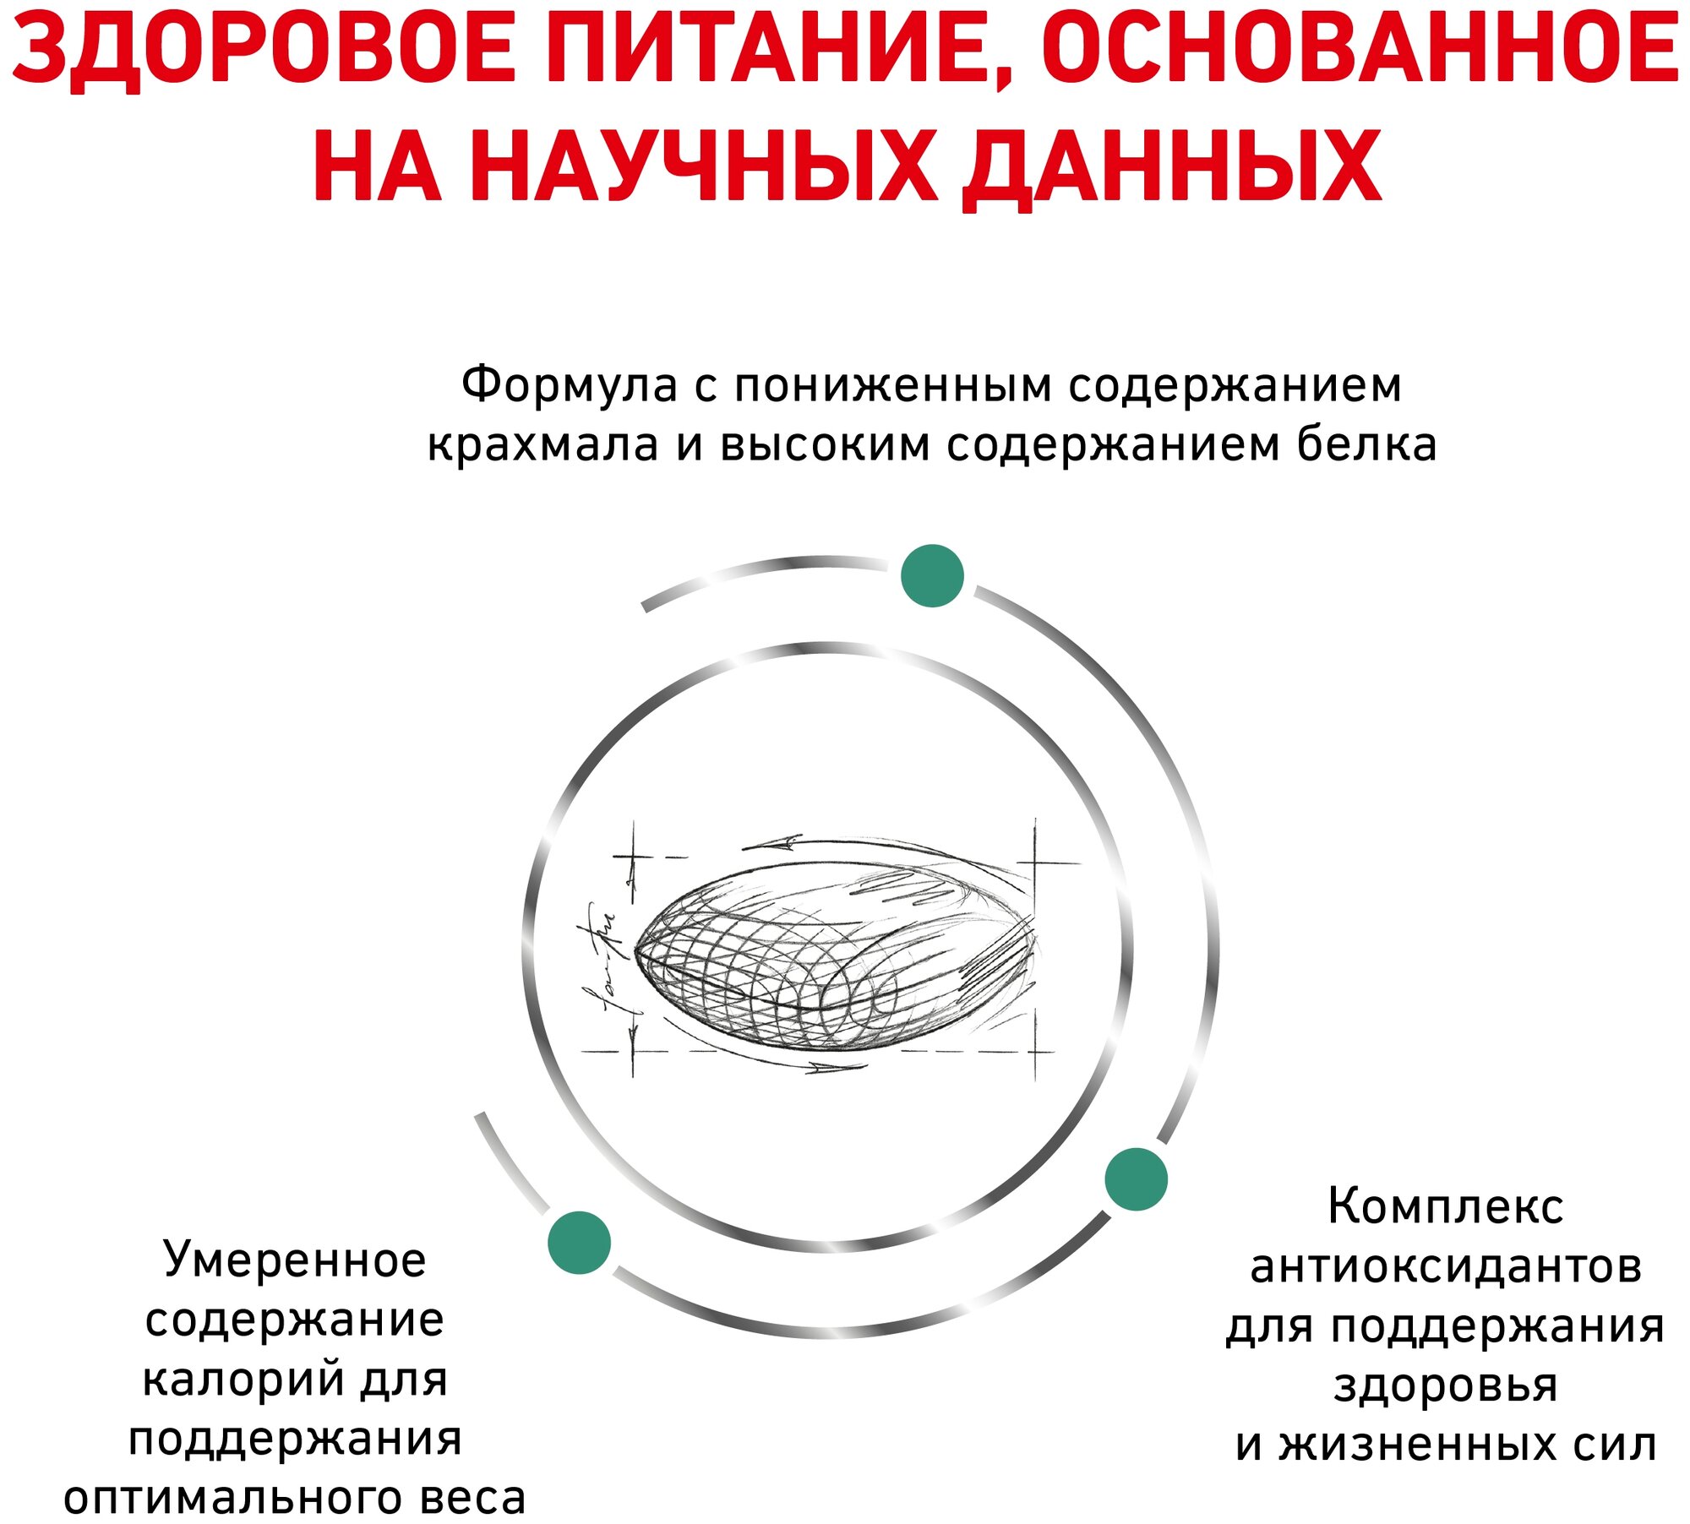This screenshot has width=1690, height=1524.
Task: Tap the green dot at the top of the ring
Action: pyautogui.click(x=932, y=575)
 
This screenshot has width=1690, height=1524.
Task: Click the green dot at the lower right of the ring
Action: pyautogui.click(x=1137, y=1178)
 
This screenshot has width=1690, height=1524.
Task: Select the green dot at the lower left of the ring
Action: pyautogui.click(x=579, y=1242)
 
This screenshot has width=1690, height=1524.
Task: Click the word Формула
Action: pyautogui.click(x=570, y=385)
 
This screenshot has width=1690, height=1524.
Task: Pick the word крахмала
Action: pyautogui.click(x=542, y=445)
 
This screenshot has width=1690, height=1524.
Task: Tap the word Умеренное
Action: pyautogui.click(x=295, y=1260)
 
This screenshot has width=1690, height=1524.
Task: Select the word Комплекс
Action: pyautogui.click(x=1445, y=1206)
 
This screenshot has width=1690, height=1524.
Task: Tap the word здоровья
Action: pyautogui.click(x=1446, y=1385)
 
